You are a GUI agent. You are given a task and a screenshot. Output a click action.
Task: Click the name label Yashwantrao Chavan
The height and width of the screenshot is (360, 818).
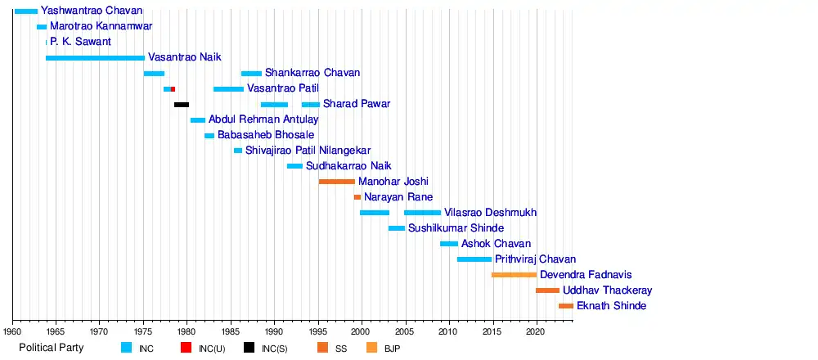[92, 11]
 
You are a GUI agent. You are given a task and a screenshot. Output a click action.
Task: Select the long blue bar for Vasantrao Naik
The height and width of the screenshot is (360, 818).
[95, 58]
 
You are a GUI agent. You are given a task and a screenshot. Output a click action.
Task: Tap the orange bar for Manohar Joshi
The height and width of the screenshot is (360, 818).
[337, 182]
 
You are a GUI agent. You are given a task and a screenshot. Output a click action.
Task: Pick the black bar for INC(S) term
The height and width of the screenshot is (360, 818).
[182, 105]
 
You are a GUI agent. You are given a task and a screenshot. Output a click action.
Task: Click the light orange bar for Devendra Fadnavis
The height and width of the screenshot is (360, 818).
[514, 275]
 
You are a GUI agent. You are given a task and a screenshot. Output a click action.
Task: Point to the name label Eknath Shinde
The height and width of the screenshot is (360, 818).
[611, 306]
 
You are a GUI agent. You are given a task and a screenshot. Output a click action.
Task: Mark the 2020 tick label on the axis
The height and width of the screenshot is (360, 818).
[535, 332]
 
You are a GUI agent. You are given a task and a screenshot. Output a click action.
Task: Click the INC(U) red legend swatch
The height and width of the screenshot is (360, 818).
[187, 348]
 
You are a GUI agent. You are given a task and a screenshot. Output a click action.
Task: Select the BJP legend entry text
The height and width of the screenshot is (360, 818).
[392, 349]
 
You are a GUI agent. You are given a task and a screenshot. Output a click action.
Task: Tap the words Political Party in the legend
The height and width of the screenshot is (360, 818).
[53, 348]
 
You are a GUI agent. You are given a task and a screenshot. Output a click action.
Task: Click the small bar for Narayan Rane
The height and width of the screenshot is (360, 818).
[357, 197]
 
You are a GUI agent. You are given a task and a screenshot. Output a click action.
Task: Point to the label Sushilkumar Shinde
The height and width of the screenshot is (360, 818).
[456, 228]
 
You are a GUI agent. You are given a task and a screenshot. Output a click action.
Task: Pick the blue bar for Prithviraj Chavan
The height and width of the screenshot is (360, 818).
[474, 259]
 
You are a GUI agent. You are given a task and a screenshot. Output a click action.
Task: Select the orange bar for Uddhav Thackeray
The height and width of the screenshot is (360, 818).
[547, 290]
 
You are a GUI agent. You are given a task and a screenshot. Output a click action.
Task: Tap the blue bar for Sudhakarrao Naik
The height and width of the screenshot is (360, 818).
[294, 166]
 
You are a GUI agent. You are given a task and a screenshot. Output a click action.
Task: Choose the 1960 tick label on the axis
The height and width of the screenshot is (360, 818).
[12, 332]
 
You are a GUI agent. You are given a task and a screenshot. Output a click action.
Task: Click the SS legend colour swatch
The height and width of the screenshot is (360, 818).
[322, 348]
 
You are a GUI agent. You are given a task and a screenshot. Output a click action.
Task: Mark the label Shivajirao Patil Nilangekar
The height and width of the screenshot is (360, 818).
[308, 151]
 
